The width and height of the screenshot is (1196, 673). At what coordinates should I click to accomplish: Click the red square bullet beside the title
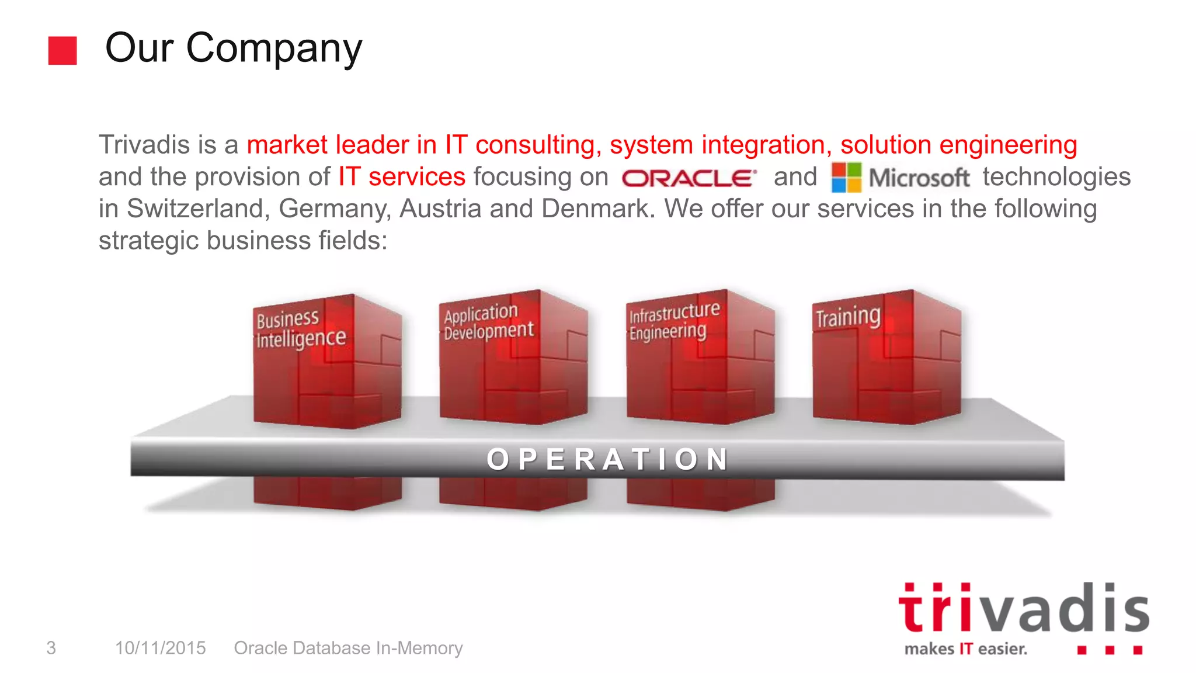[62, 50]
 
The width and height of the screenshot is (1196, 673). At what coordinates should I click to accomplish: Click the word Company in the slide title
[274, 49]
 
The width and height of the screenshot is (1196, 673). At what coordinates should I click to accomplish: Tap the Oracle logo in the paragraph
[689, 178]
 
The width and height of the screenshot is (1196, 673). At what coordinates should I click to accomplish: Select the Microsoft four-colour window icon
[846, 178]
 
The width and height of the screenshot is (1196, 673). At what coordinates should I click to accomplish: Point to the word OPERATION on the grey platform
[608, 459]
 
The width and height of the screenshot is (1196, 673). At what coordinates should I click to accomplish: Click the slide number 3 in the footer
[51, 648]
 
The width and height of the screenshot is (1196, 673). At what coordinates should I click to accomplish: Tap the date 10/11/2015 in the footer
[161, 648]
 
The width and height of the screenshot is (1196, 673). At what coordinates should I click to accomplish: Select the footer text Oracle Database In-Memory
[348, 648]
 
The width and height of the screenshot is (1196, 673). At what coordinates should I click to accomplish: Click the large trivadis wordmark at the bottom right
[1023, 609]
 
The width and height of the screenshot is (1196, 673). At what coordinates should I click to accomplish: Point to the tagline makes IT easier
[965, 649]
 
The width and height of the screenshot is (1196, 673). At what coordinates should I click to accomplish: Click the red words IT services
[402, 177]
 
